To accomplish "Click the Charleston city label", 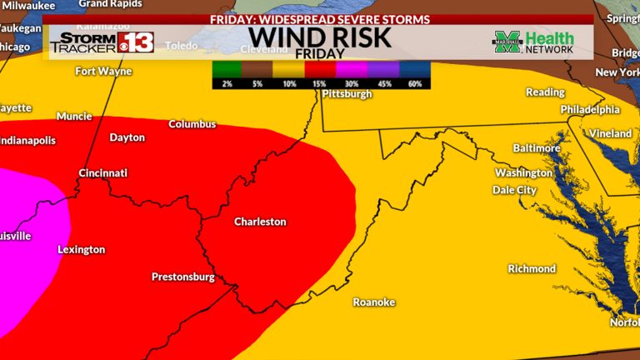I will [259, 222].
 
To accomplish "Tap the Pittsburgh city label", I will [347, 94].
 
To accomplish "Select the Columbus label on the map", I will [192, 124].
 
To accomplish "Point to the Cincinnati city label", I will [102, 173].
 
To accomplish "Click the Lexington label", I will [81, 249].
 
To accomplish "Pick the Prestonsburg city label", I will [182, 277].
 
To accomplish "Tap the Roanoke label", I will [373, 302].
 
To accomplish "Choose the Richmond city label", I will [532, 269].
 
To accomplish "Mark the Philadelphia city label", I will [590, 110].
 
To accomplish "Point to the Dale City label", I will [514, 190].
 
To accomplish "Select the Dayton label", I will [127, 137].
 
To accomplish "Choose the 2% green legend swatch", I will [226, 72].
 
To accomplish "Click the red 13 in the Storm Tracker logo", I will [135, 42].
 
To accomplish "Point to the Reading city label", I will [545, 92].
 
